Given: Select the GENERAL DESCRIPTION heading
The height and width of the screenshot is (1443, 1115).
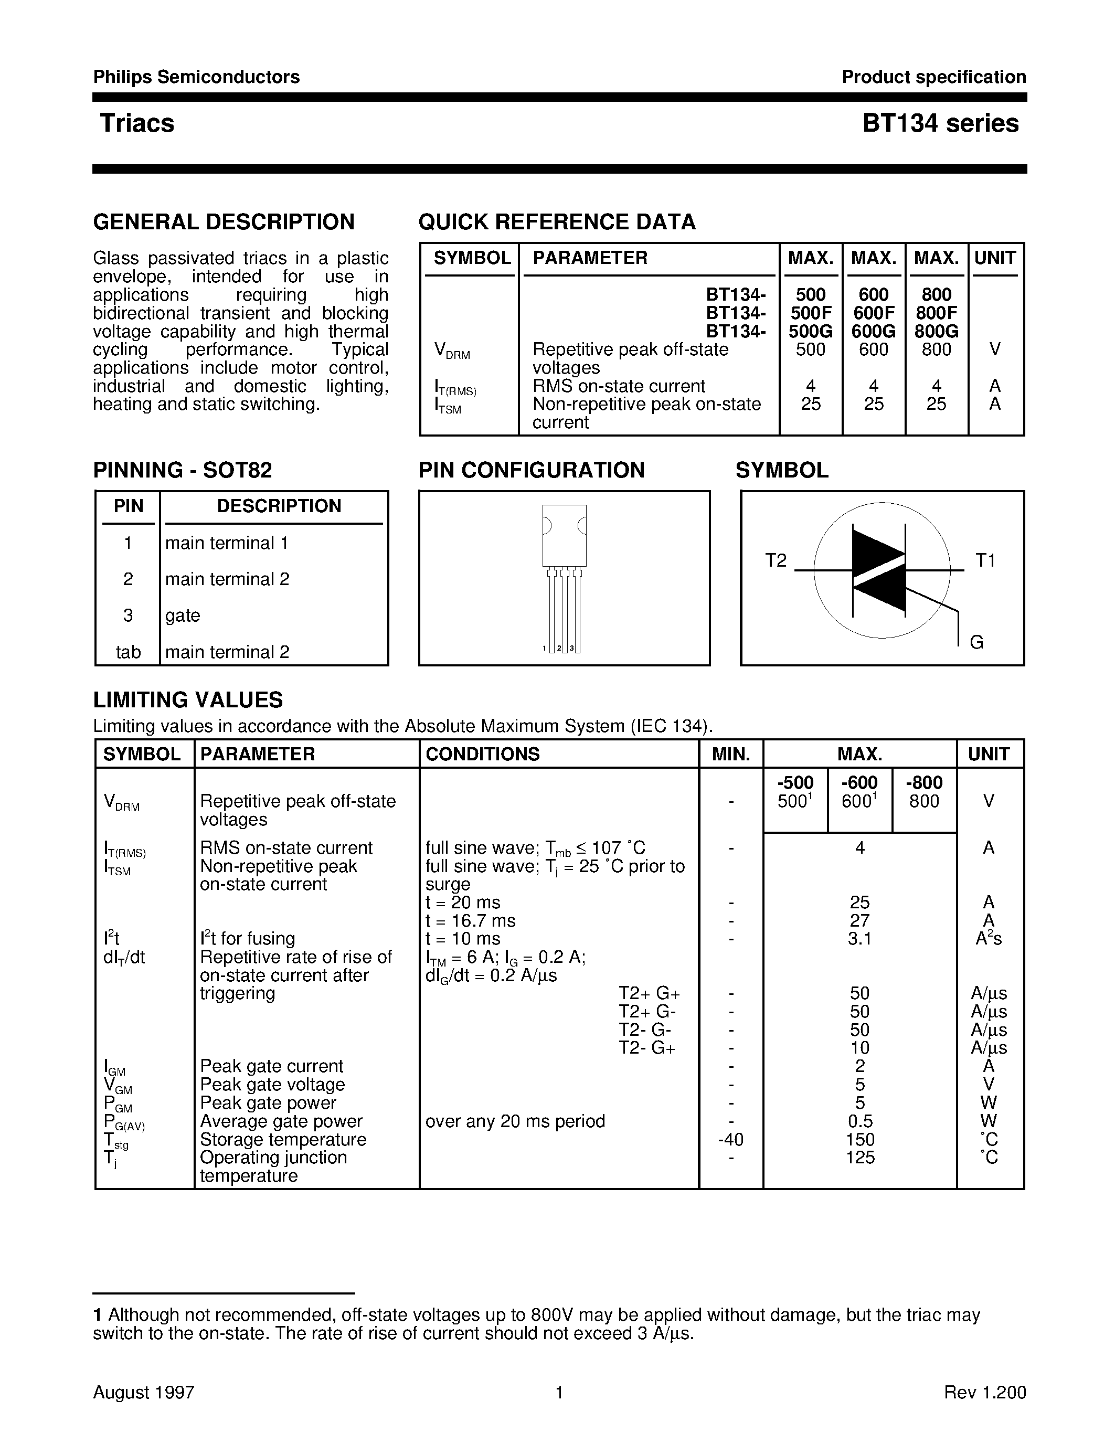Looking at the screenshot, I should point(224,221).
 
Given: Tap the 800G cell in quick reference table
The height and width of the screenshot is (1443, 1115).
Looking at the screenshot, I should point(936,331).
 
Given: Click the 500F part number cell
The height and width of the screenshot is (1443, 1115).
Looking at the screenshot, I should point(811,313).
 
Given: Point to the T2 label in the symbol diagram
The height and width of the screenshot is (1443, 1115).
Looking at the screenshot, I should point(776,560).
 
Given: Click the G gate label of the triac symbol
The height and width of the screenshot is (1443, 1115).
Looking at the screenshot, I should point(976,642).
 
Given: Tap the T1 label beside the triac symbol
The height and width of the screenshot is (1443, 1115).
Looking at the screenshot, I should point(985,560).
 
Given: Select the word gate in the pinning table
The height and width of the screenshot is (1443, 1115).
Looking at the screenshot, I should point(182,615).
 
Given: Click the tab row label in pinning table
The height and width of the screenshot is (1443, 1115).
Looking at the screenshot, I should point(128,652).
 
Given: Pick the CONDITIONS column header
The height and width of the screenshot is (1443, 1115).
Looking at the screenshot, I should point(482,754).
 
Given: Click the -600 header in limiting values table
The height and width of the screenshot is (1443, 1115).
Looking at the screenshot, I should point(859,782).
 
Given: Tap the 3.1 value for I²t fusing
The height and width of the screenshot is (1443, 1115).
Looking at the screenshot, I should point(859,938).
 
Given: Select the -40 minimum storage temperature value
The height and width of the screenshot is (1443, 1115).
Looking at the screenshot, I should point(730,1139).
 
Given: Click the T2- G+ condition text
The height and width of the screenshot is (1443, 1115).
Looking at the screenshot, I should point(646,1048).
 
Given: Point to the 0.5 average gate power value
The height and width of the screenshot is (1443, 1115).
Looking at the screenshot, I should point(859,1121).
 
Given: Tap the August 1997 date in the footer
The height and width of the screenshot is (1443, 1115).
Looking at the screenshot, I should point(143,1393).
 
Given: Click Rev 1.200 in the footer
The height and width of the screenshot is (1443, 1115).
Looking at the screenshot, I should point(984,1393).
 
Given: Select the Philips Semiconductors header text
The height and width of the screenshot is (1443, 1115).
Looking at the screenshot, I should point(196,77).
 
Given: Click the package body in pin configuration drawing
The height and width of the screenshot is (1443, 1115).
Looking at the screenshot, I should point(564,535).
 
